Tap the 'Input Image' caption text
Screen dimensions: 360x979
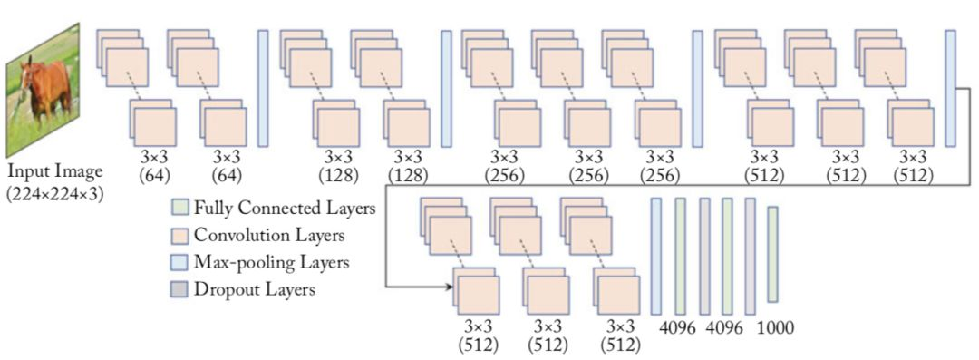point(54,171)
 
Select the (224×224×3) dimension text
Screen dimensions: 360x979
point(54,191)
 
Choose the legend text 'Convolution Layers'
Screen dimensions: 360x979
point(264,236)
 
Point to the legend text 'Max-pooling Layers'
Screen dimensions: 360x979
point(266,263)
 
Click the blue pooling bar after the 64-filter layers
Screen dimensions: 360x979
point(263,88)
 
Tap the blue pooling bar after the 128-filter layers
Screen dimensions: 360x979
point(446,88)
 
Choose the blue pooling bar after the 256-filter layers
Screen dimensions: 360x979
point(697,88)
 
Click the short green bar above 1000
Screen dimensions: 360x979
point(772,254)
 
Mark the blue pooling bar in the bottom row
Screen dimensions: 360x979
point(656,257)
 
